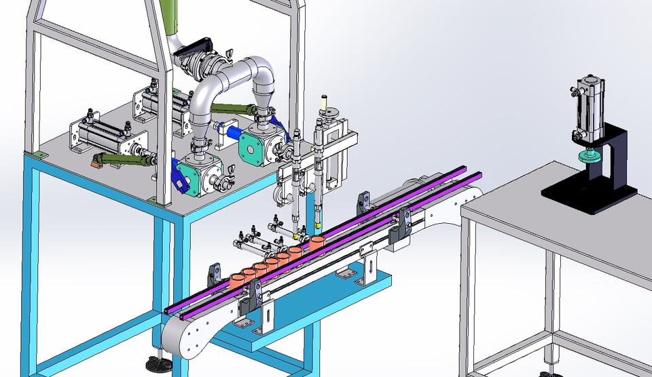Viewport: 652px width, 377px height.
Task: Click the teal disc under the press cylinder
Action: pos(589,158)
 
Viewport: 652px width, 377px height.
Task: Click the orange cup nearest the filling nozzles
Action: pos(316,242)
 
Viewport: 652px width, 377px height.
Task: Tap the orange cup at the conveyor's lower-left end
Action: pos(236,278)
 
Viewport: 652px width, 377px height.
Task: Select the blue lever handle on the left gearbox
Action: pos(179,176)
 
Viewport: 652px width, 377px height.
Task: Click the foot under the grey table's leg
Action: pos(547,372)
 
